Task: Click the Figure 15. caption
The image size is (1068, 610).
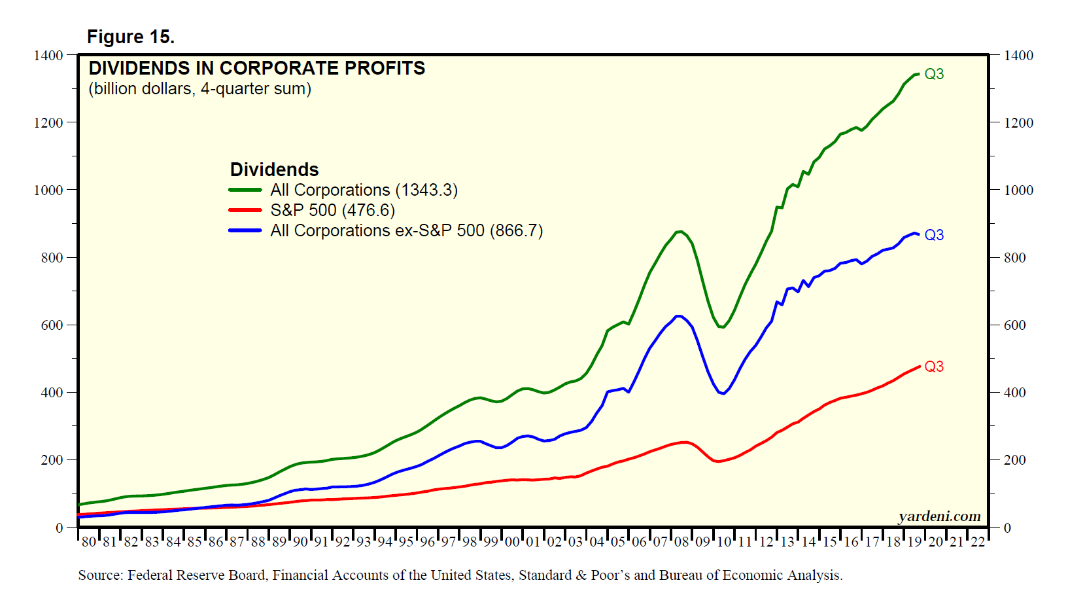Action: (x=131, y=37)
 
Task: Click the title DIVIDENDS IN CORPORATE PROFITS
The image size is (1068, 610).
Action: (x=256, y=68)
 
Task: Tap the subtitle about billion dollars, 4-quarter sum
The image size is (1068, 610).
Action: (x=199, y=89)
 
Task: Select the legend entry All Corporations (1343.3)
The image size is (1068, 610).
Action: (x=364, y=190)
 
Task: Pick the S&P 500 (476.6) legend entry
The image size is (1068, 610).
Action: (x=332, y=210)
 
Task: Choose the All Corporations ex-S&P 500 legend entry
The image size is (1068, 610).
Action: (x=406, y=230)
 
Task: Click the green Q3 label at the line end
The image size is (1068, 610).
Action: (x=934, y=74)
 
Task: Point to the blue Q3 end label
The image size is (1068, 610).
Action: (x=934, y=235)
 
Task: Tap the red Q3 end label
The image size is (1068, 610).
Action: (x=934, y=367)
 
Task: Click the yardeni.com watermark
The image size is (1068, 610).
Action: (x=939, y=516)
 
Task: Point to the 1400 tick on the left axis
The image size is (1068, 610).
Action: (x=48, y=56)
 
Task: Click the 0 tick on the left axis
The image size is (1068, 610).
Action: (x=59, y=528)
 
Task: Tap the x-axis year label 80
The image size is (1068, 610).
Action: (x=88, y=542)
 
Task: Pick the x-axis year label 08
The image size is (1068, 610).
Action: (x=681, y=542)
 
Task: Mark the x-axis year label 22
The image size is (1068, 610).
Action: (x=977, y=542)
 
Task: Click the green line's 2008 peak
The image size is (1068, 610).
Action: (x=680, y=231)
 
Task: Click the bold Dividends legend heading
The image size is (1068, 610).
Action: (x=274, y=170)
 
